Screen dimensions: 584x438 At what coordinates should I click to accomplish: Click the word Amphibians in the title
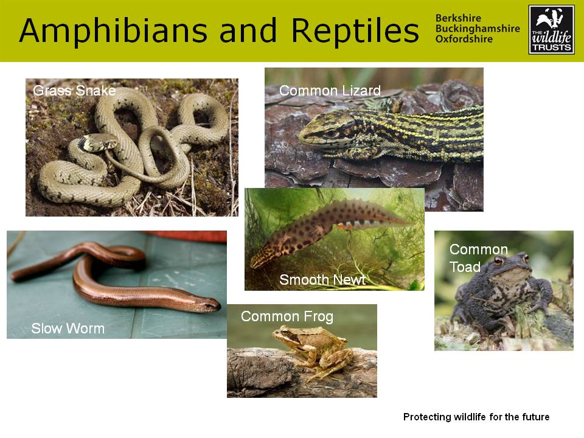pos(113,31)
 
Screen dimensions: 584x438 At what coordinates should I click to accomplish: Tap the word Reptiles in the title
pos(355,31)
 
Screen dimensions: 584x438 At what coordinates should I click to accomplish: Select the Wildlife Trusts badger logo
pos(551,30)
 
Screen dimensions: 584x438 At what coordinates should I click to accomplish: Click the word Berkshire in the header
pos(458,18)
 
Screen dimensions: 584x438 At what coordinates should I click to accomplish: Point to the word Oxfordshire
pos(464,39)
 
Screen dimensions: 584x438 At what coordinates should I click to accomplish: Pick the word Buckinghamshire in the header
pos(478,29)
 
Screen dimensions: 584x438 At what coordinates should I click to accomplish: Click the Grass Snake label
pos(74,91)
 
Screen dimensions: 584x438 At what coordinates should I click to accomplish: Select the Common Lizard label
pos(330,91)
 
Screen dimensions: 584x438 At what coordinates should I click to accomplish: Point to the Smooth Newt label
pos(322,280)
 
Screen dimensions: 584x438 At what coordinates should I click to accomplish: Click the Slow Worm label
pos(68,328)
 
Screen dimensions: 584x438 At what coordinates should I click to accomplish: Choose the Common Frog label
pos(287,316)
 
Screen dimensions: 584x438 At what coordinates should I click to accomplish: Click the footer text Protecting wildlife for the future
pos(476,417)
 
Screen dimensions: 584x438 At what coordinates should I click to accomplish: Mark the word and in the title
pos(248,31)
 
